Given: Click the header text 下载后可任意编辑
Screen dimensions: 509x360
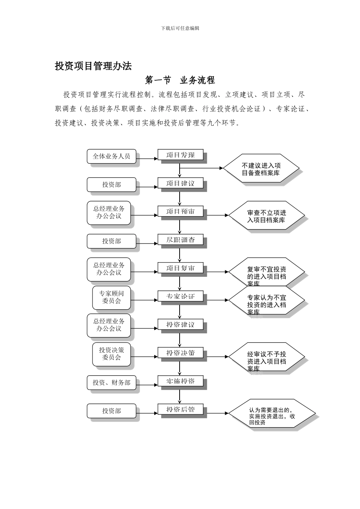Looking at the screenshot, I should (180, 28).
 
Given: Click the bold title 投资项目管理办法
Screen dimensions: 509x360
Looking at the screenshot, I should (93, 66).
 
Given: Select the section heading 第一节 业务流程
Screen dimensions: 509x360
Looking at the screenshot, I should (180, 80).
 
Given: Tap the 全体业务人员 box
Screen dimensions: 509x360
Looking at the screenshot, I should (111, 156).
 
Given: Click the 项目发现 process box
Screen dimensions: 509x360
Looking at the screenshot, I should (180, 155).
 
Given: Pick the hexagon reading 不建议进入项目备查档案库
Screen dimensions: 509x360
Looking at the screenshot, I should (261, 169).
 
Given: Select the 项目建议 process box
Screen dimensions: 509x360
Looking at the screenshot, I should (180, 183).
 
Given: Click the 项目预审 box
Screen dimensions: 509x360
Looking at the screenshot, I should (180, 211).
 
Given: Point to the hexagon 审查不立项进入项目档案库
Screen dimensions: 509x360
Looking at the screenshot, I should (266, 216).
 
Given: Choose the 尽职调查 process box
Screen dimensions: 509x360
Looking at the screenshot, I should (180, 240).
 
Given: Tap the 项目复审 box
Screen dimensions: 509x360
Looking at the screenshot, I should (180, 268).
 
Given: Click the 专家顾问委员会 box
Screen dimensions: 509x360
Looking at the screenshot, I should (111, 297).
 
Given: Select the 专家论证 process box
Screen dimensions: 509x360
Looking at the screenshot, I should (180, 296).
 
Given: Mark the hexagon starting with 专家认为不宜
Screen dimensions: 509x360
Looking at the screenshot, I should (266, 301).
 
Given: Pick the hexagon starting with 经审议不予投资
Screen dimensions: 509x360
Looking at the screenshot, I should (266, 358).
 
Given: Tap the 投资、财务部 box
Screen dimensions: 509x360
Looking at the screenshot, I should (111, 383).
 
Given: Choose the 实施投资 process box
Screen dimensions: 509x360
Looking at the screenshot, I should (180, 381).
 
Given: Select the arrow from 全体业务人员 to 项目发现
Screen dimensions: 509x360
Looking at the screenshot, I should (147, 158).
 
